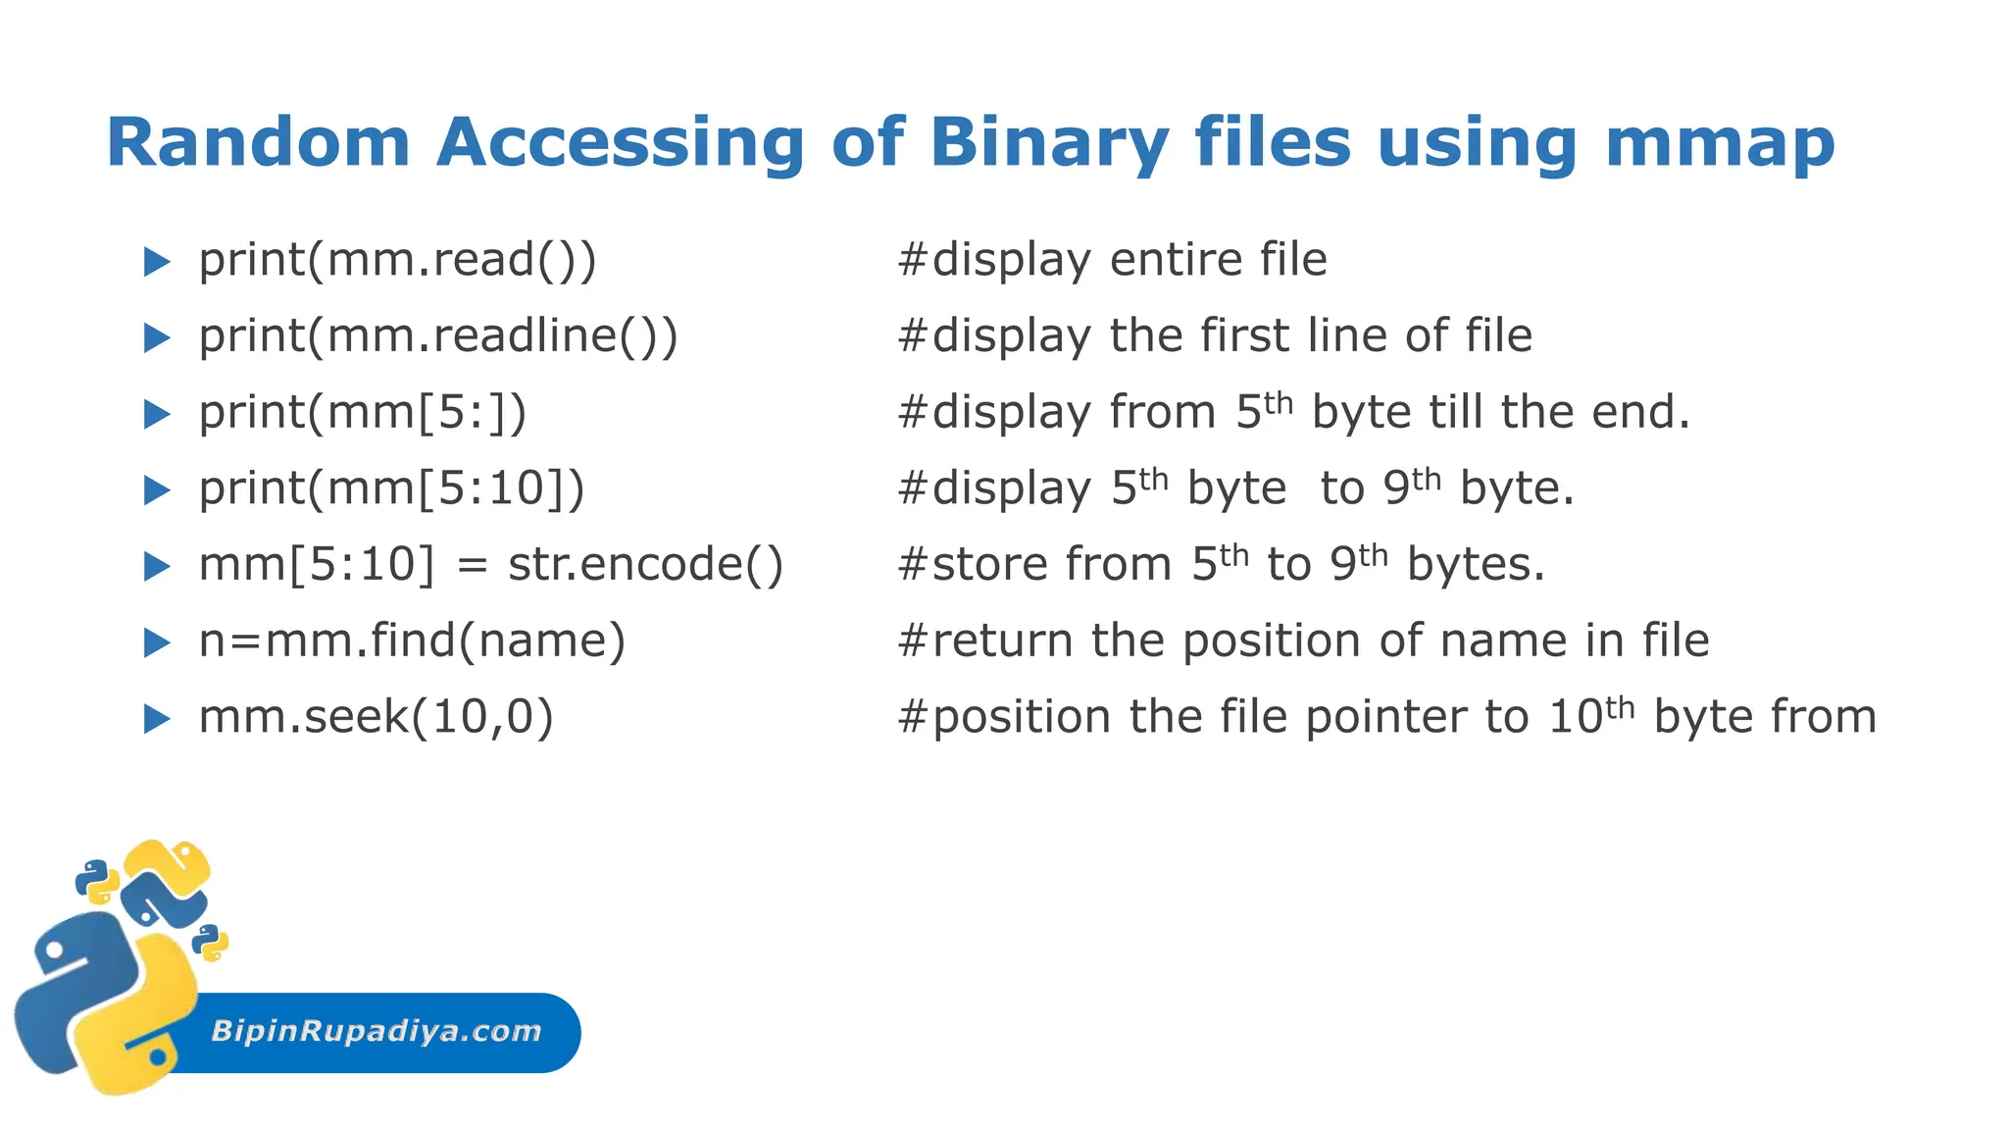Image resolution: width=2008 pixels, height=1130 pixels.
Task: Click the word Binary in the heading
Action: (1048, 143)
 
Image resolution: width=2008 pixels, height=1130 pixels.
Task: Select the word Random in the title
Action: (258, 143)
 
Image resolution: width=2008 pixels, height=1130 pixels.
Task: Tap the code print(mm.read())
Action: (397, 260)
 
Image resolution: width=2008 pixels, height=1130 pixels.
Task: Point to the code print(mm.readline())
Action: (438, 336)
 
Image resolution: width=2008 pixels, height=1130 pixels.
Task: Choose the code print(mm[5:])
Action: (363, 412)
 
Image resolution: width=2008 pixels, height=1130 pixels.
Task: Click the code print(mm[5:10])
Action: (391, 488)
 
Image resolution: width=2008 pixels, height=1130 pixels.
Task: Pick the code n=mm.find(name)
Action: (412, 642)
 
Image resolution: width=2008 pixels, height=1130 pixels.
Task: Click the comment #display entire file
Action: (1112, 260)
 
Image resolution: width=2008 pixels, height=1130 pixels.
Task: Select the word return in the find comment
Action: (1002, 642)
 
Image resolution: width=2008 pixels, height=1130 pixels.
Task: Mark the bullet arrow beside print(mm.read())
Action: (157, 262)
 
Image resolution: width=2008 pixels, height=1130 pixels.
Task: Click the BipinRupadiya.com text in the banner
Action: (376, 1031)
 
